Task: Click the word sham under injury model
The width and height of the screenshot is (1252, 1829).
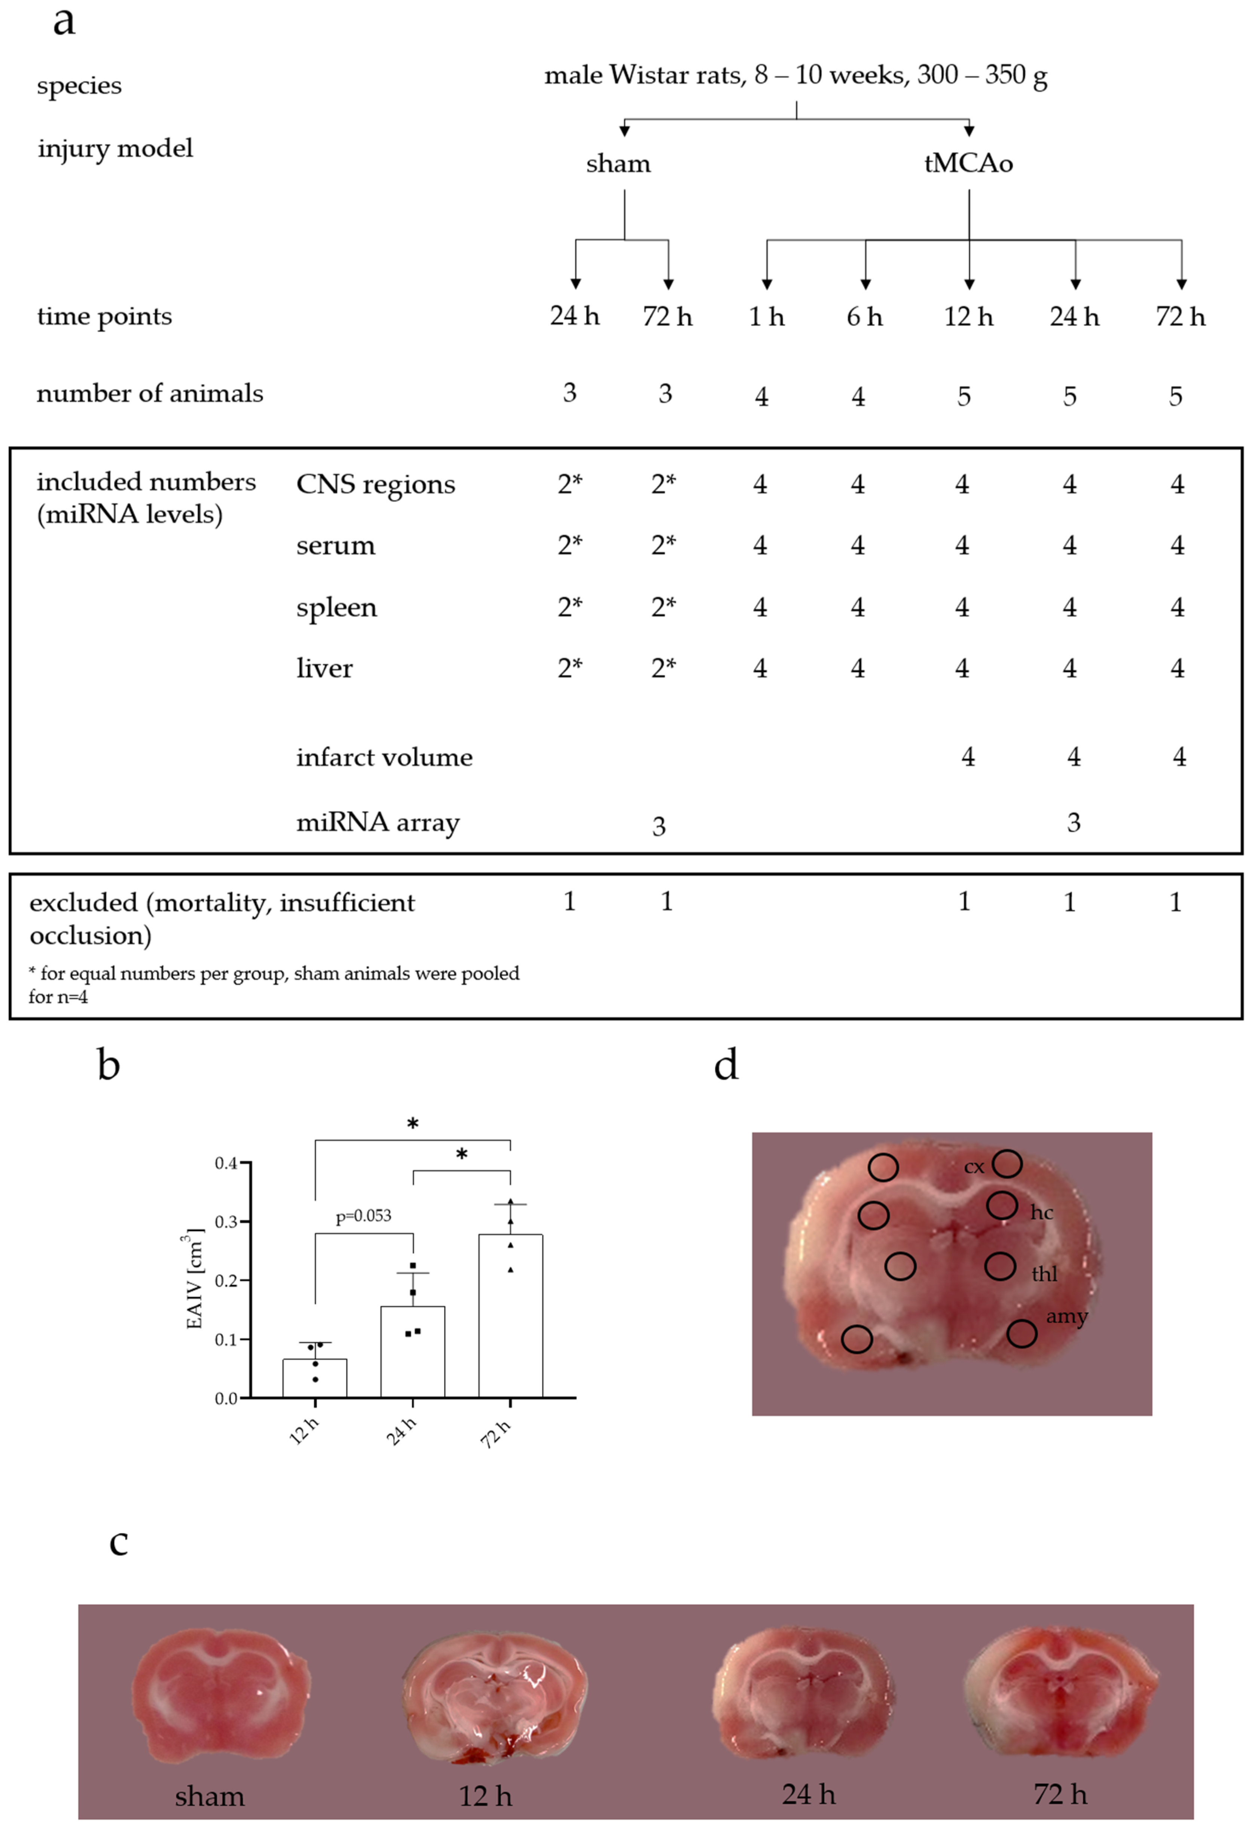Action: [618, 164]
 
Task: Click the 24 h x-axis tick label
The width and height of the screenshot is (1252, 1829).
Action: [401, 1431]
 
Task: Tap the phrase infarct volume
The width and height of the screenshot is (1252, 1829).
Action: [384, 757]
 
